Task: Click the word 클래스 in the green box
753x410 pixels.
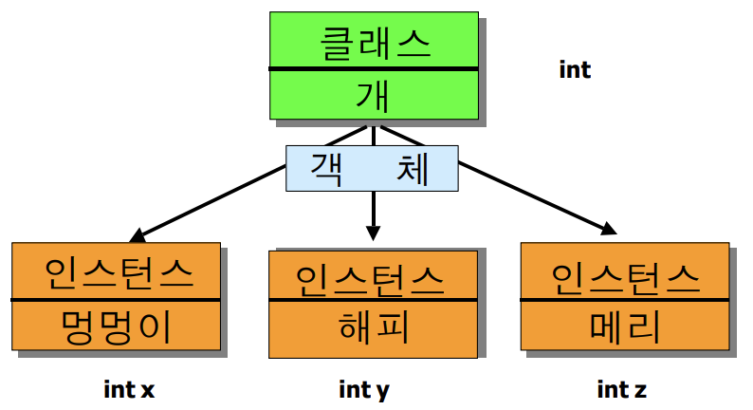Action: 372,43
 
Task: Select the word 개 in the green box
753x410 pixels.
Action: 372,95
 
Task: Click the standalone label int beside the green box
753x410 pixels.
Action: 576,69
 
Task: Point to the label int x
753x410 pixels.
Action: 128,389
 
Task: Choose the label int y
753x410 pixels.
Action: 364,389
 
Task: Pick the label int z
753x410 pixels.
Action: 622,389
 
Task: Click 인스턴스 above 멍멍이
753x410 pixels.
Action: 116,273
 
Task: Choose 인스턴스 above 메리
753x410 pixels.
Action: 625,276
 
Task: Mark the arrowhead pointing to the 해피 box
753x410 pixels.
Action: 374,233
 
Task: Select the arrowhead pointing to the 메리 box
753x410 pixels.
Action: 607,228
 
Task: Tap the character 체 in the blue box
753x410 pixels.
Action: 413,168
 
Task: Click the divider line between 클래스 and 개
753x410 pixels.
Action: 372,69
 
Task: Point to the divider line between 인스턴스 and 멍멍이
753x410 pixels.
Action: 116,301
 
